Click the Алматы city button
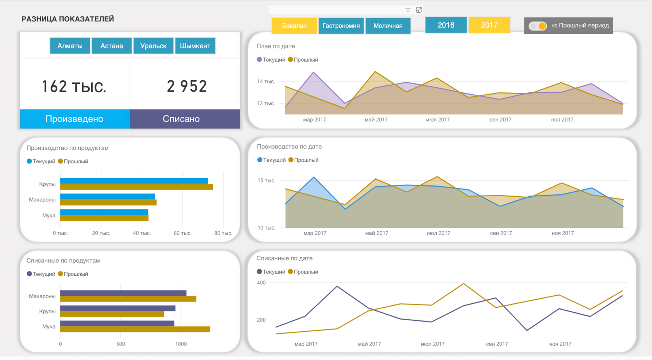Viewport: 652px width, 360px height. coord(70,46)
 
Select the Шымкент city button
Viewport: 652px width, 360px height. coord(195,46)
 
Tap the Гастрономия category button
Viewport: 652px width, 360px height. coord(341,26)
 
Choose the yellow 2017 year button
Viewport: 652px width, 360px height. coord(489,25)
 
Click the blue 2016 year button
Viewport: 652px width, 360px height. coord(446,25)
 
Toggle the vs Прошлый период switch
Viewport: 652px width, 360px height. coord(538,26)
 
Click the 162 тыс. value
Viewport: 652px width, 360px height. coord(74,87)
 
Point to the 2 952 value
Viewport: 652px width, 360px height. coord(187,86)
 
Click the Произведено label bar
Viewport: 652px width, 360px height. coord(75,119)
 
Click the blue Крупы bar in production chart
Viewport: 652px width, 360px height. coord(134,181)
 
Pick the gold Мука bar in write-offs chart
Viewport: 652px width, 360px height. coord(135,329)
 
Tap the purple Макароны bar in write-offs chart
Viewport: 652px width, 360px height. coord(123,293)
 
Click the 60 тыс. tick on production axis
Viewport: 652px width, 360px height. coord(182,233)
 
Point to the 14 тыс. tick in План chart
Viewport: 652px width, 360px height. coord(266,81)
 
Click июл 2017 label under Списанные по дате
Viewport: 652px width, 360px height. coord(432,344)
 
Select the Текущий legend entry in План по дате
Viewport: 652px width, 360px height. coord(271,60)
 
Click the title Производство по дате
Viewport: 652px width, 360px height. coord(289,147)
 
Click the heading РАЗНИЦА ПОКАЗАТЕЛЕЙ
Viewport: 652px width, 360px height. coord(68,19)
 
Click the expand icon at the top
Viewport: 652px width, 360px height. coord(419,10)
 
